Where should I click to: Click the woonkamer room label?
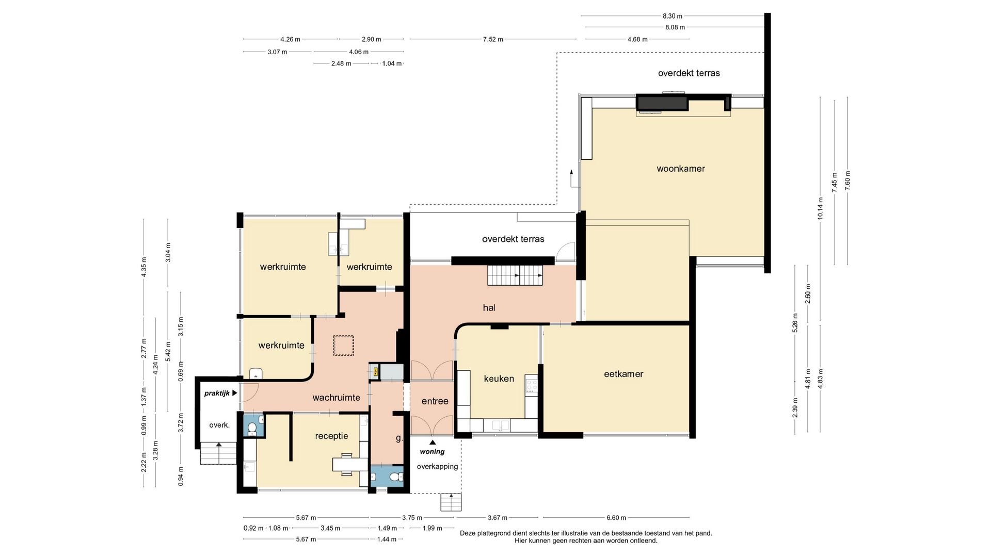pyautogui.click(x=680, y=169)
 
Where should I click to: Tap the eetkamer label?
pyautogui.click(x=624, y=374)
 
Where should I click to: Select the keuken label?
pyautogui.click(x=499, y=379)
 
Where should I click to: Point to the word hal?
pyautogui.click(x=489, y=308)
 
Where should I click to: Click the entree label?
pyautogui.click(x=435, y=401)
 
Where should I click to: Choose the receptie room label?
pyautogui.click(x=331, y=436)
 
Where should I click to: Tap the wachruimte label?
pyautogui.click(x=336, y=398)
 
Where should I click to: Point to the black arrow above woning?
pyautogui.click(x=433, y=442)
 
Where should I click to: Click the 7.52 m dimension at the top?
pyautogui.click(x=493, y=39)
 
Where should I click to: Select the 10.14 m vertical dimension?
pyautogui.click(x=820, y=208)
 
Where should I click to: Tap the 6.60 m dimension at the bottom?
pyautogui.click(x=616, y=518)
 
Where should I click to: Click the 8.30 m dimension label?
pyautogui.click(x=672, y=16)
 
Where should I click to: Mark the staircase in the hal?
pyautogui.click(x=516, y=275)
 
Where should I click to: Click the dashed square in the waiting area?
pyautogui.click(x=343, y=346)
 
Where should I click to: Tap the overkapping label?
pyautogui.click(x=437, y=467)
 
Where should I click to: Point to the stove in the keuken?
pyautogui.click(x=532, y=384)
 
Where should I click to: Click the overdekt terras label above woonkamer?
pyautogui.click(x=689, y=73)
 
